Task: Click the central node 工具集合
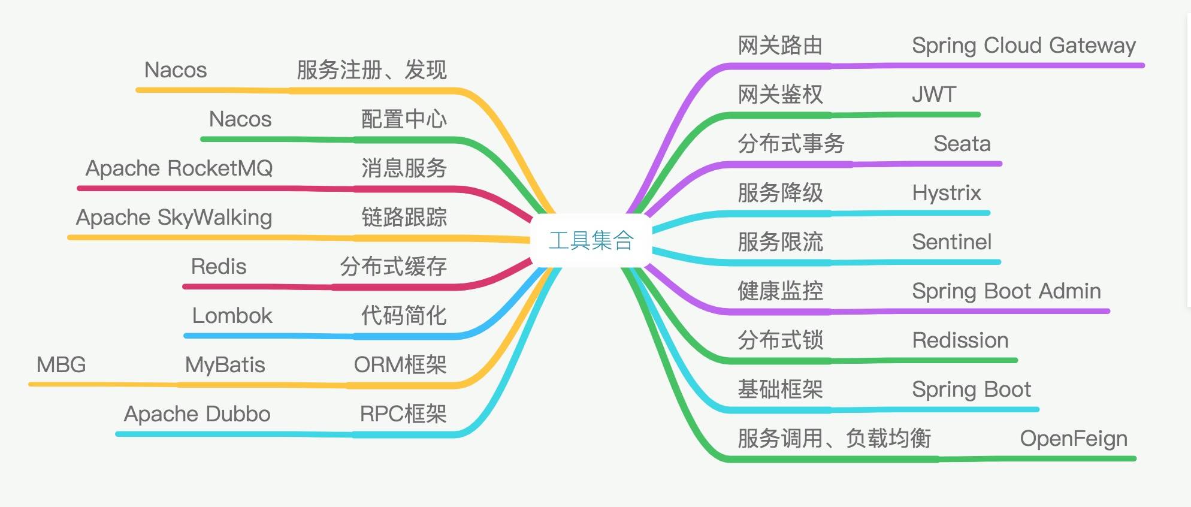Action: [x=591, y=240]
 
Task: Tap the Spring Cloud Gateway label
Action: [x=1023, y=46]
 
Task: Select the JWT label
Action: [x=933, y=95]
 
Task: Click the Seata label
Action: [x=962, y=144]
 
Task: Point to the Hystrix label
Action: [x=946, y=193]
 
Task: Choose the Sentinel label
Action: [x=951, y=242]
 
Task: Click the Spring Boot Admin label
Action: [x=1006, y=291]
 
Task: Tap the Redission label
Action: [x=960, y=340]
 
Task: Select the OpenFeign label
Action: [x=1073, y=439]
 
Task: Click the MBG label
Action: [x=61, y=364]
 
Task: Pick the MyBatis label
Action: [x=225, y=364]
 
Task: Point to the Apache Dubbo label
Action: [x=197, y=414]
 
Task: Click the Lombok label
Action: [x=232, y=315]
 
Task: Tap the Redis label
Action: [x=219, y=266]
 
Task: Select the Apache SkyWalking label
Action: [x=174, y=217]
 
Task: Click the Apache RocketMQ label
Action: [x=179, y=168]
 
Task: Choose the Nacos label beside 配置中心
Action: [x=240, y=119]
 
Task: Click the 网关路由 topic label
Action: [x=779, y=46]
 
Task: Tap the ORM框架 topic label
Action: [x=400, y=364]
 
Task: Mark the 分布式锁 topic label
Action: [x=779, y=340]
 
